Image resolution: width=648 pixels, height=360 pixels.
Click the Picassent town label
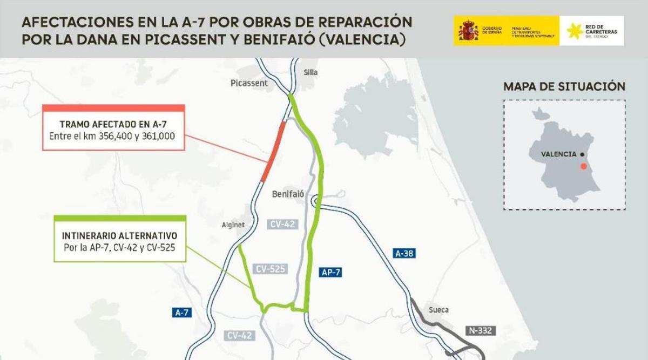pyautogui.click(x=249, y=83)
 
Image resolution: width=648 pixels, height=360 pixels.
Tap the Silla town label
pyautogui.click(x=310, y=72)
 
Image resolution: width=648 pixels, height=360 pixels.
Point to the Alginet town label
pyautogui.click(x=234, y=225)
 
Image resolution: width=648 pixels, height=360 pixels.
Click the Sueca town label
pyautogui.click(x=438, y=310)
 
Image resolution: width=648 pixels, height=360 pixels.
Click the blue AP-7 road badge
pyautogui.click(x=331, y=273)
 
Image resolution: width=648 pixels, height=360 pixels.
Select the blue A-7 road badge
pyautogui.click(x=182, y=312)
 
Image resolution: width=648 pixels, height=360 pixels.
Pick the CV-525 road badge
pyautogui.click(x=271, y=268)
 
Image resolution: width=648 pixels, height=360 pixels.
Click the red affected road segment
pyautogui.click(x=274, y=151)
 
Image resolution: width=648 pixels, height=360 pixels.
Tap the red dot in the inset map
pyautogui.click(x=583, y=166)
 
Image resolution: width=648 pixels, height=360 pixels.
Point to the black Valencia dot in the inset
pyautogui.click(x=582, y=154)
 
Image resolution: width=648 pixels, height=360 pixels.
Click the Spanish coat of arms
pyautogui.click(x=468, y=31)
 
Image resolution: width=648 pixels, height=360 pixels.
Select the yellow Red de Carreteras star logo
pyautogui.click(x=575, y=31)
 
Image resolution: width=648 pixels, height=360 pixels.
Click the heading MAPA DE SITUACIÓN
pyautogui.click(x=564, y=86)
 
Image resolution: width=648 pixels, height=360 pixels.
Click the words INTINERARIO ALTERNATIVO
pyautogui.click(x=119, y=236)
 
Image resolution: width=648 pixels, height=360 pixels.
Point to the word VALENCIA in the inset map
pyautogui.click(x=558, y=154)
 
